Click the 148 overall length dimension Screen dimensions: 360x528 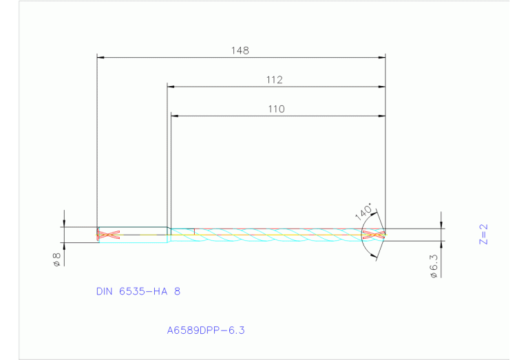[240, 50]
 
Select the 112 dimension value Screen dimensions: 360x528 [275, 80]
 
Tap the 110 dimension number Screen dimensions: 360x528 [276, 109]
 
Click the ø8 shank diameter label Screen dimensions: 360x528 [57, 259]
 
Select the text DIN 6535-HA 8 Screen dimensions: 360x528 [138, 291]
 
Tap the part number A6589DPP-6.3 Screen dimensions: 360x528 [206, 330]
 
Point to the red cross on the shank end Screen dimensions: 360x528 [109, 235]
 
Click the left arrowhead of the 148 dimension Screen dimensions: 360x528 [101, 57]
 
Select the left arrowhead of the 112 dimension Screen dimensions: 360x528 [171, 87]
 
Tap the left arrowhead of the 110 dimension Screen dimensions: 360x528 [174, 116]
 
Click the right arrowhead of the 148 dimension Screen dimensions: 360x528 [381, 57]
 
